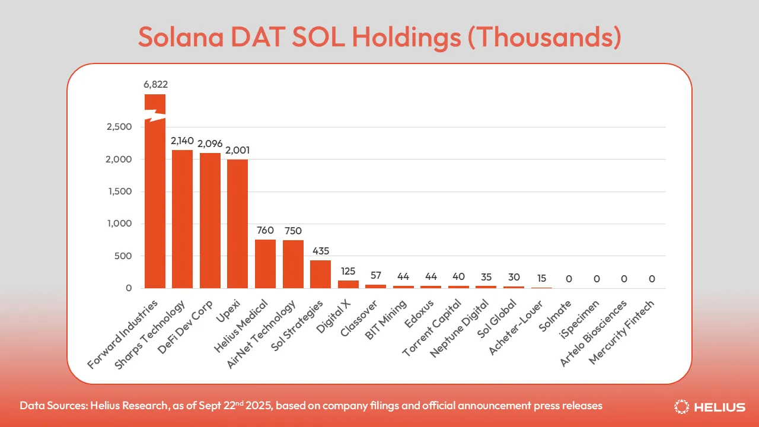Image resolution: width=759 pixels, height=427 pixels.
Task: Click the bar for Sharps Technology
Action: click(x=182, y=219)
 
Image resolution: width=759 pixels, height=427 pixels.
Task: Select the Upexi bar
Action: click(x=238, y=224)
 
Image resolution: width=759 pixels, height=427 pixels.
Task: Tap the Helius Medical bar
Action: click(x=265, y=264)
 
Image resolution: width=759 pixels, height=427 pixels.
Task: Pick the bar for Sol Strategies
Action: click(x=321, y=274)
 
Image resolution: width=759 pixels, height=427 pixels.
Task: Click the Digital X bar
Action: click(x=348, y=284)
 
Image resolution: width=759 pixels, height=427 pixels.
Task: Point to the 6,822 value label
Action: click(x=155, y=84)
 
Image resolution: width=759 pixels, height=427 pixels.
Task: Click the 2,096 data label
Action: click(x=210, y=144)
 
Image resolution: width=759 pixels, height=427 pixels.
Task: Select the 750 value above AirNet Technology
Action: click(x=293, y=231)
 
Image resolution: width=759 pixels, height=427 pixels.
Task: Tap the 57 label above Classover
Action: click(x=376, y=275)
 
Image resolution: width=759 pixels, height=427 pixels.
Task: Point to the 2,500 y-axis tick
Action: click(x=119, y=127)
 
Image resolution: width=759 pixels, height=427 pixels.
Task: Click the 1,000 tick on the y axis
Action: click(x=120, y=224)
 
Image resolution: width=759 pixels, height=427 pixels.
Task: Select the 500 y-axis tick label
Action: click(x=123, y=256)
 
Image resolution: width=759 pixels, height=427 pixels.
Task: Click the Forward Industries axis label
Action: click(x=123, y=334)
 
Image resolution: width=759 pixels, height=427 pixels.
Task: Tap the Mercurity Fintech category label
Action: click(x=621, y=333)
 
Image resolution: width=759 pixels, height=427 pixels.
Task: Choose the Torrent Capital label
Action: click(x=432, y=328)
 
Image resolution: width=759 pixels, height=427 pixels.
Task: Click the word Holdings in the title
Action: click(x=407, y=37)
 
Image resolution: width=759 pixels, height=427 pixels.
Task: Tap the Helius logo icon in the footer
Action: click(x=681, y=407)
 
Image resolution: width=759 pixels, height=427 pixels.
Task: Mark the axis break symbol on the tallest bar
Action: click(x=155, y=115)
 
